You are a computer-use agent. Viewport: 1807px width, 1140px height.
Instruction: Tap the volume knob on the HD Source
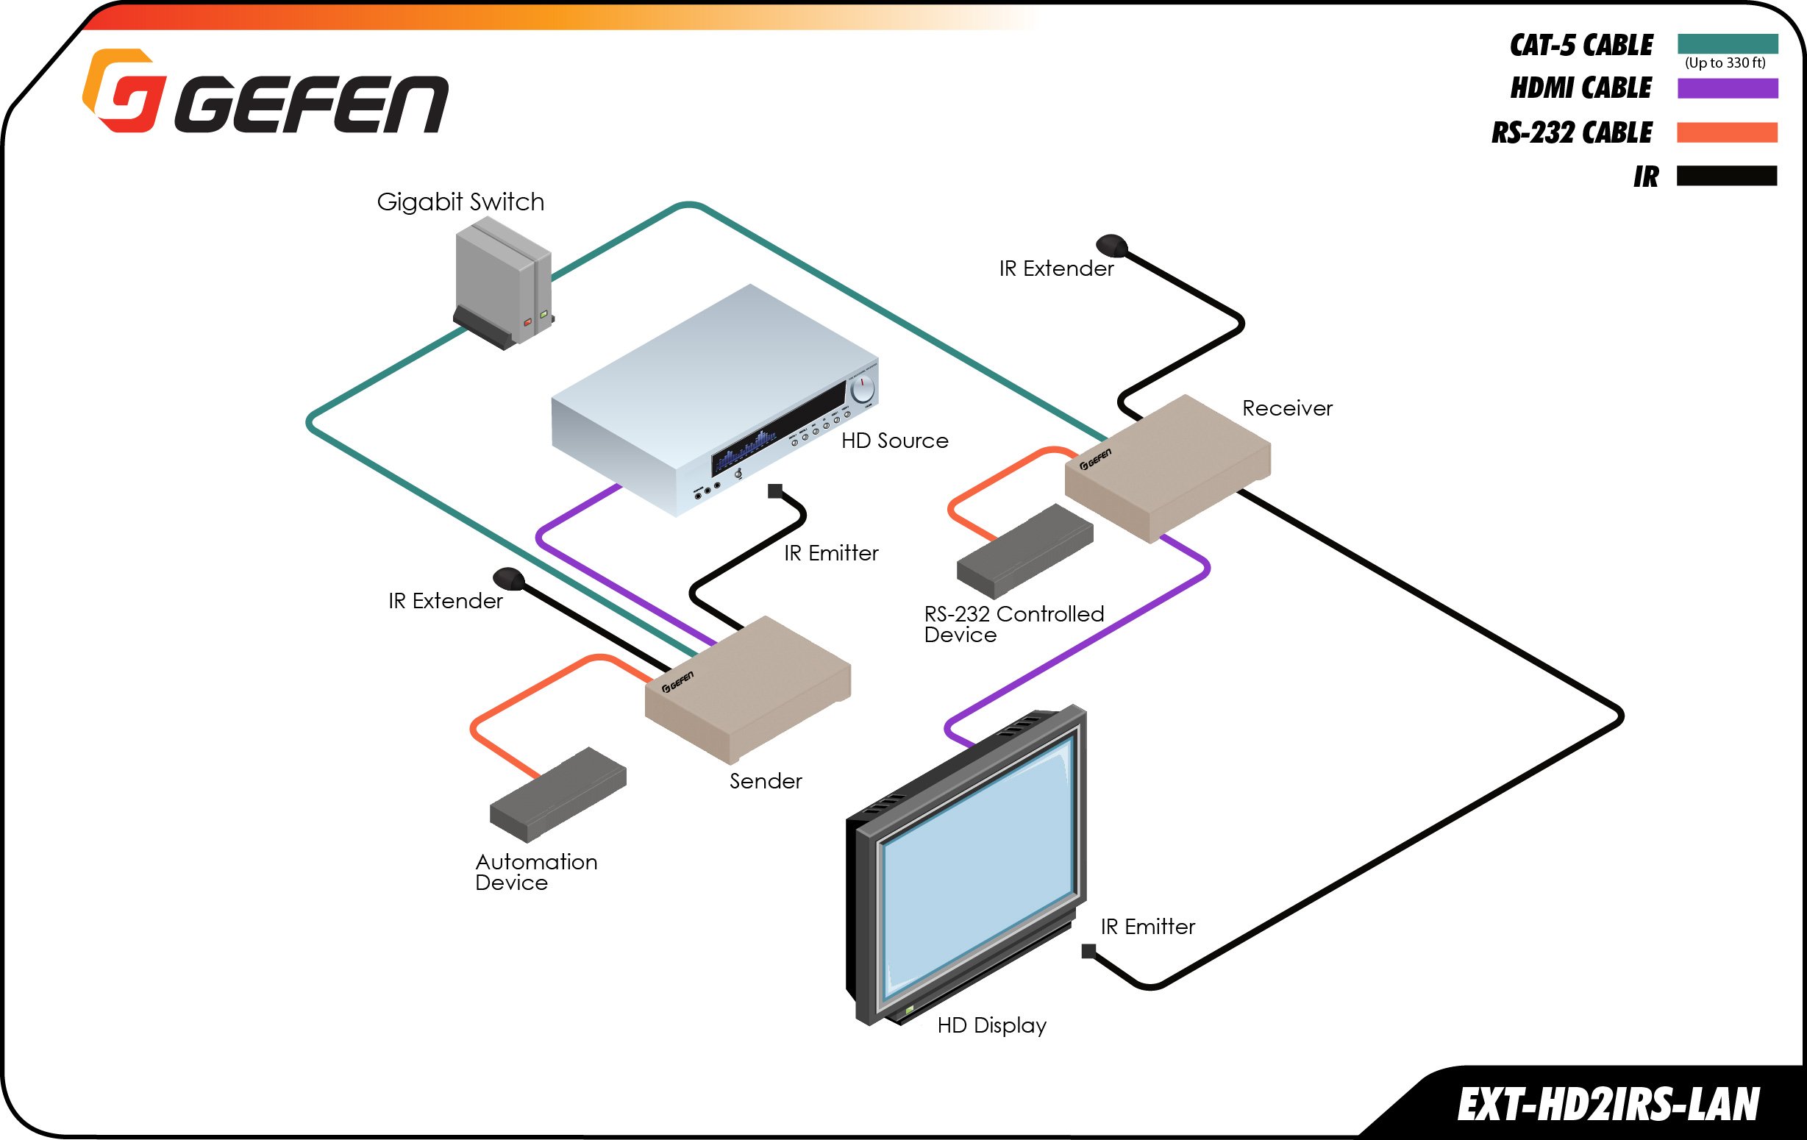pos(862,389)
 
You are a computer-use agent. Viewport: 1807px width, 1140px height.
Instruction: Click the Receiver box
pos(1168,467)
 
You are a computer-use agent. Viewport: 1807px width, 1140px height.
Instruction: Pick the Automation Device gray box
pos(557,795)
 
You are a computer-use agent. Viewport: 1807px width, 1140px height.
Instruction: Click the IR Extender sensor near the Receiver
pos(1111,245)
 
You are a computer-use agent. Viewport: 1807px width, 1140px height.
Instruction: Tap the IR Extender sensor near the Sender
pos(508,578)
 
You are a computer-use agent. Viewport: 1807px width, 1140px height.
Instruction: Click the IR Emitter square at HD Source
pos(774,491)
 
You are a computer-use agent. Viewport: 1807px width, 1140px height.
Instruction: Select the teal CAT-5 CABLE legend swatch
pos(1728,43)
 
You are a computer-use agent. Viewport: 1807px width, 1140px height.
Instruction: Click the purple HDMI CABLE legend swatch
pos(1728,88)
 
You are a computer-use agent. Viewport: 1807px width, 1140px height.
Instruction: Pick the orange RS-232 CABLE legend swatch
pos(1728,132)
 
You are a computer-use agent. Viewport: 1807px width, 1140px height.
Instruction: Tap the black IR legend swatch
pos(1728,176)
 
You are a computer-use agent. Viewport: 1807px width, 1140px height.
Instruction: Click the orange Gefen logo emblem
pos(122,90)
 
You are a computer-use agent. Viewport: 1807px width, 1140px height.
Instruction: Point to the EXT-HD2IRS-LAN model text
pos(1608,1105)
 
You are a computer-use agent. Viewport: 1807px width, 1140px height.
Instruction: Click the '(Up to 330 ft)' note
pos(1725,63)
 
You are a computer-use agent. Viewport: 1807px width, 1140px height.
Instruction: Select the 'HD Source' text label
pos(894,441)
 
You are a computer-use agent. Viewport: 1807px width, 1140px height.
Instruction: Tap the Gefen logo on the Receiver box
pos(1096,459)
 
